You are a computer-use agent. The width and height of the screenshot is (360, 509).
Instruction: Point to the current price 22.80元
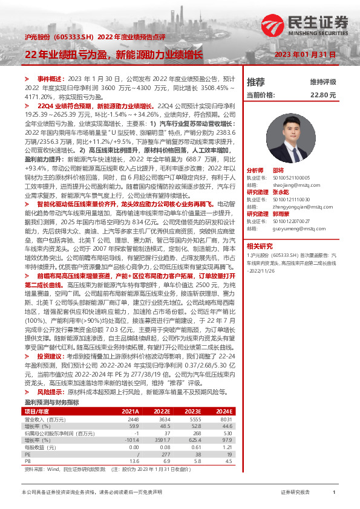pos(322,95)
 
